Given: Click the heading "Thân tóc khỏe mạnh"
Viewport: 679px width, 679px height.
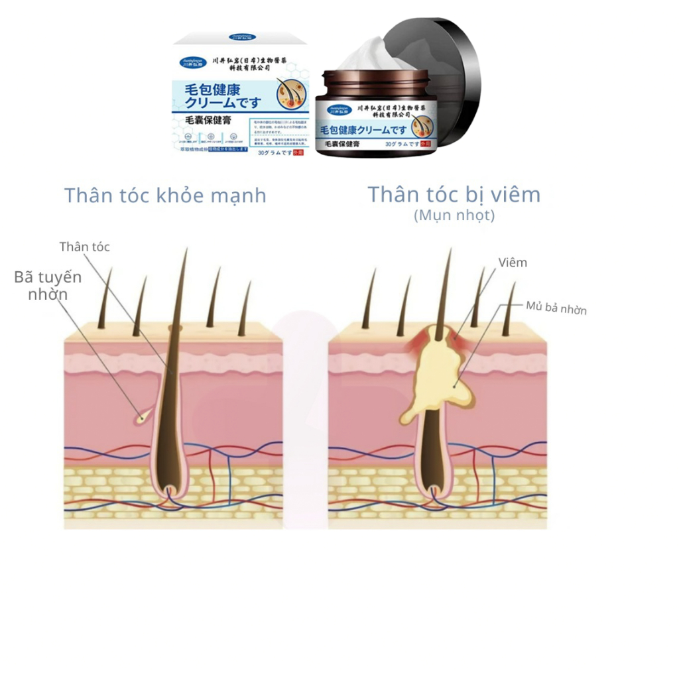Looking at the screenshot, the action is [165, 196].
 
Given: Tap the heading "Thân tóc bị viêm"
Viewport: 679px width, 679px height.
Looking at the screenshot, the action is [454, 194].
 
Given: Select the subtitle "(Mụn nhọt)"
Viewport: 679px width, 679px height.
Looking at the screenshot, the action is [454, 216].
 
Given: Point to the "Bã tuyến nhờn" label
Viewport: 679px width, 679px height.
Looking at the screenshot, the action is [48, 286].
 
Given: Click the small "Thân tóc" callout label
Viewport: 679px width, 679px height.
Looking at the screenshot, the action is [84, 247].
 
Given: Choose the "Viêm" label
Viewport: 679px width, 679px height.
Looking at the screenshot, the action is [514, 263].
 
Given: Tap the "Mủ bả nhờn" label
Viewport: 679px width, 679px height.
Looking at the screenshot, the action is [556, 308].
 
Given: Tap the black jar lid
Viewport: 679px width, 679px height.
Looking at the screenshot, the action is [444, 73].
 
